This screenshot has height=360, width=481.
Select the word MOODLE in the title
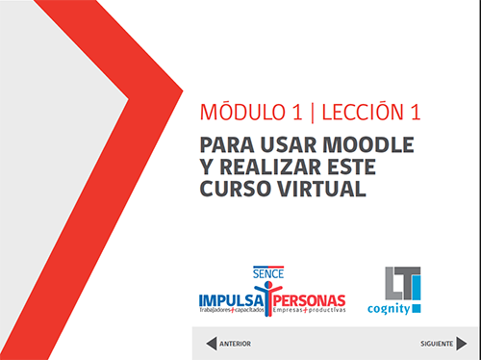click(367, 145)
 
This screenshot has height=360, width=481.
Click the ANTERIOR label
click(236, 344)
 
